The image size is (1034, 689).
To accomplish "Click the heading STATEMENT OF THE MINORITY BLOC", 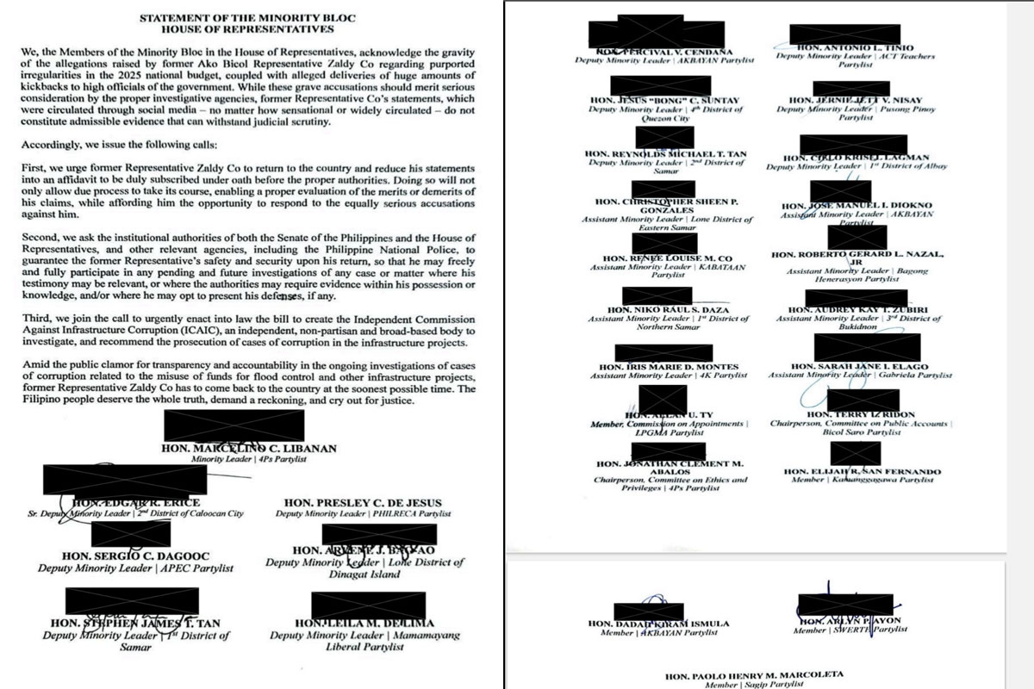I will pyautogui.click(x=248, y=17).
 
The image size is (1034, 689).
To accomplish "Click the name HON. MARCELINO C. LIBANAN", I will pyautogui.click(x=249, y=449).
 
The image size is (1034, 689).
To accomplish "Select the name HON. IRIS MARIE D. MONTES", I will pyautogui.click(x=669, y=367).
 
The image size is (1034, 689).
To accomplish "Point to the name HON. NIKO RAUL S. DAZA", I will pyautogui.click(x=669, y=310).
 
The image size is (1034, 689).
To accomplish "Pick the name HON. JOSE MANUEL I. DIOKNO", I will pyautogui.click(x=856, y=206).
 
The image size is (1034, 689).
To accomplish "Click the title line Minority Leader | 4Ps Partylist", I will pyautogui.click(x=249, y=460).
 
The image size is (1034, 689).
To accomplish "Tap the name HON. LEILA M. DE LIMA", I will pyautogui.click(x=364, y=624).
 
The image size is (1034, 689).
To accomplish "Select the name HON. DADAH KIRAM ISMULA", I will pyautogui.click(x=658, y=624).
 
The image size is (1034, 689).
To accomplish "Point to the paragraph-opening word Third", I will pyautogui.click(x=38, y=318).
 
